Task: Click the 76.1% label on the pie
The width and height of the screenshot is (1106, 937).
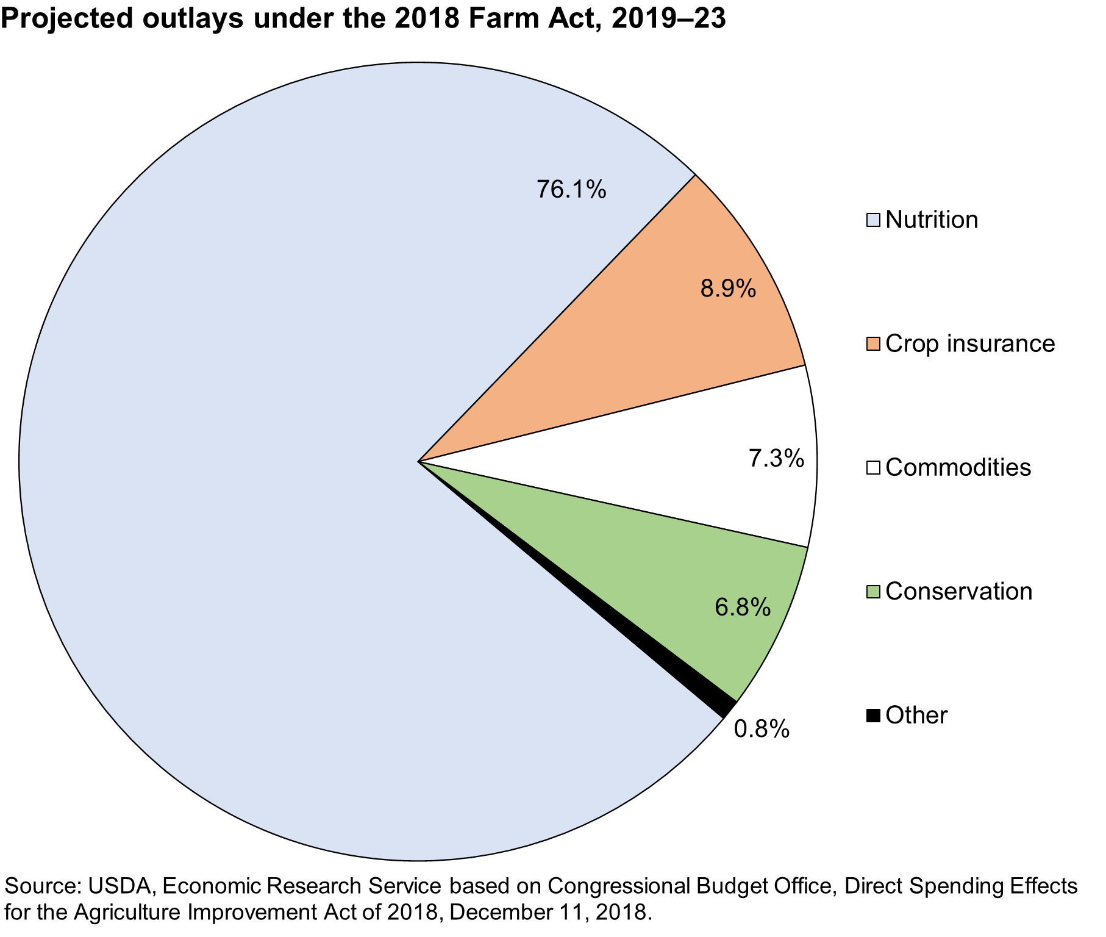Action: pyautogui.click(x=571, y=190)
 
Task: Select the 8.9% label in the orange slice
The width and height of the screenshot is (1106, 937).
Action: pyautogui.click(x=728, y=288)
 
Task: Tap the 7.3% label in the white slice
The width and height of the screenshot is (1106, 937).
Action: pyautogui.click(x=776, y=458)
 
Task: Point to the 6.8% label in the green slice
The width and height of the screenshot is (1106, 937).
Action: pyautogui.click(x=743, y=607)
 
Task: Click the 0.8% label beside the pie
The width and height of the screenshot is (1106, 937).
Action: pyautogui.click(x=762, y=729)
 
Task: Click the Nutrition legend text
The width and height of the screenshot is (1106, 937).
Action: pyautogui.click(x=931, y=220)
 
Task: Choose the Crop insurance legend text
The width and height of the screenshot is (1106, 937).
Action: pyautogui.click(x=969, y=343)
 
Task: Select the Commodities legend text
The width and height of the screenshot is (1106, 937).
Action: pyautogui.click(x=958, y=468)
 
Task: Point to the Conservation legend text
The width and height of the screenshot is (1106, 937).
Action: pyautogui.click(x=958, y=592)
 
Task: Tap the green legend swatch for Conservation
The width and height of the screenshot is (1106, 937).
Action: pyautogui.click(x=873, y=592)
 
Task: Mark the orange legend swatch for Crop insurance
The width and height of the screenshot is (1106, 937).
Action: pyautogui.click(x=873, y=344)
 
